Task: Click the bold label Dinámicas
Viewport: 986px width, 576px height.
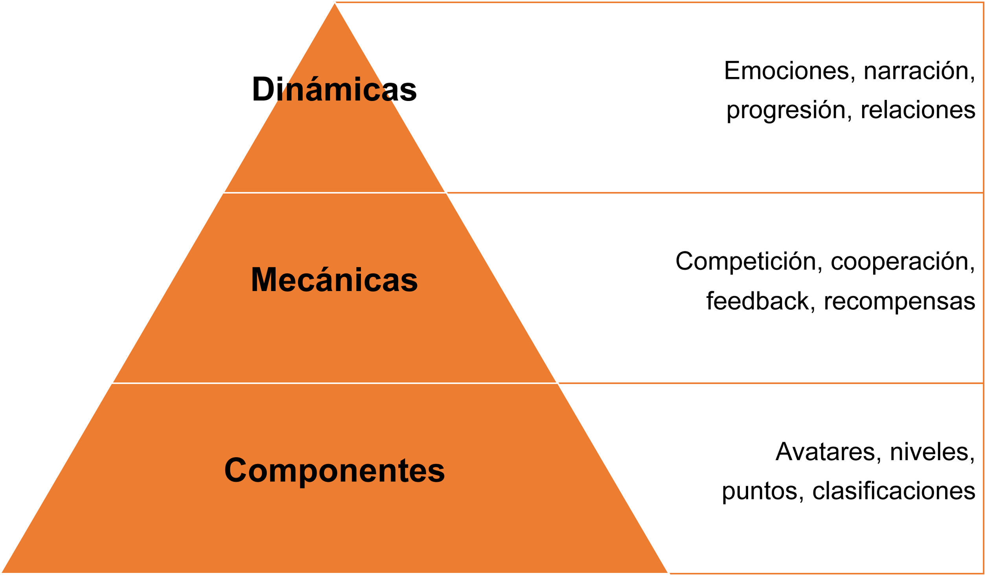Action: click(x=334, y=90)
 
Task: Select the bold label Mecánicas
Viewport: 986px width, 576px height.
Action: click(x=334, y=280)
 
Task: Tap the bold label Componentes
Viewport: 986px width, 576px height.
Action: click(x=334, y=470)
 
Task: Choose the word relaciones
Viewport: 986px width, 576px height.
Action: click(x=918, y=110)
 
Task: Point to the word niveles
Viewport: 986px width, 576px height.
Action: click(x=932, y=452)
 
